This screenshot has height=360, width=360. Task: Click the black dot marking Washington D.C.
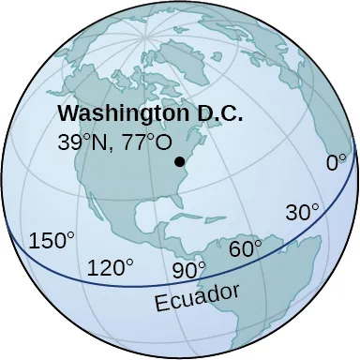[x=180, y=162]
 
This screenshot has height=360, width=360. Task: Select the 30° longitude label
[x=302, y=213]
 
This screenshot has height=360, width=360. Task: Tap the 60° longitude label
[x=245, y=249]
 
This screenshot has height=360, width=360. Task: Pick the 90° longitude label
[x=188, y=270]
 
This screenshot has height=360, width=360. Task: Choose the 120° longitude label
[x=110, y=268]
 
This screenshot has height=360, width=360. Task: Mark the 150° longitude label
[x=51, y=240]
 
